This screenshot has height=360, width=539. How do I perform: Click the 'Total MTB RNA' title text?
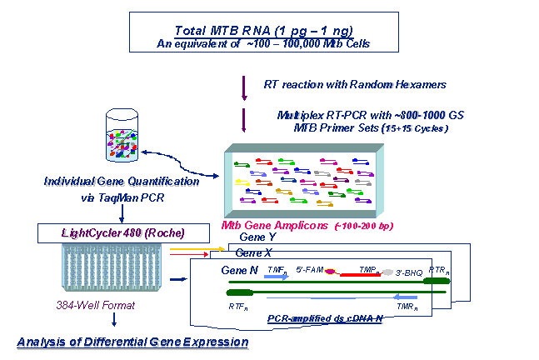click(268, 30)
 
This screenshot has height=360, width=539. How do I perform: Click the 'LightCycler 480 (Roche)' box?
click(109, 232)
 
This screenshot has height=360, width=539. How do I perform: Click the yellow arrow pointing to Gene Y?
click(201, 248)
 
